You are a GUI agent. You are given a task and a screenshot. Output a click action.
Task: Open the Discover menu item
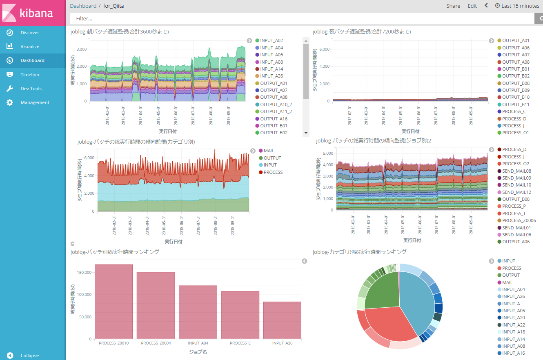click(30, 33)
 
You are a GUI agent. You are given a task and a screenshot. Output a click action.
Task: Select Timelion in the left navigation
click(30, 75)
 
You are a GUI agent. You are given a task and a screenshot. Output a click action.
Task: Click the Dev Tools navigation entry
click(31, 89)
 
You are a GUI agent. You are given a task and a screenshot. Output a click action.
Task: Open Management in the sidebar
click(35, 102)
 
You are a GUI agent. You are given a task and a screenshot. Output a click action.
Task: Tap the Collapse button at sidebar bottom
click(29, 356)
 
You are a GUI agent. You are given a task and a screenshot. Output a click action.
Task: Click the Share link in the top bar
click(453, 6)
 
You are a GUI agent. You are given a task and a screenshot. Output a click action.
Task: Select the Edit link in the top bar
click(472, 6)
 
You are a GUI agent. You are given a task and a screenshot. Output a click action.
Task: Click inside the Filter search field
click(286, 18)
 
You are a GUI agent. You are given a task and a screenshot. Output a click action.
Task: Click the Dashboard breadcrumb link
click(83, 6)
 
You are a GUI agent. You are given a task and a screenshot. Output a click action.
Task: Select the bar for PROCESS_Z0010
click(113, 302)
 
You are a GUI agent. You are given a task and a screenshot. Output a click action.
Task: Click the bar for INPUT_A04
click(198, 312)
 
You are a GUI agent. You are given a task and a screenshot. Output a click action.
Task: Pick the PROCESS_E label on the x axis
click(240, 343)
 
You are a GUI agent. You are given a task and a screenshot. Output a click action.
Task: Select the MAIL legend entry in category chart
click(269, 151)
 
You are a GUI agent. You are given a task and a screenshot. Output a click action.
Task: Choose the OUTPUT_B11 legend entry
click(515, 104)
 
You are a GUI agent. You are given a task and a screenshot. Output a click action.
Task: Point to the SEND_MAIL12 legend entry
click(516, 192)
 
